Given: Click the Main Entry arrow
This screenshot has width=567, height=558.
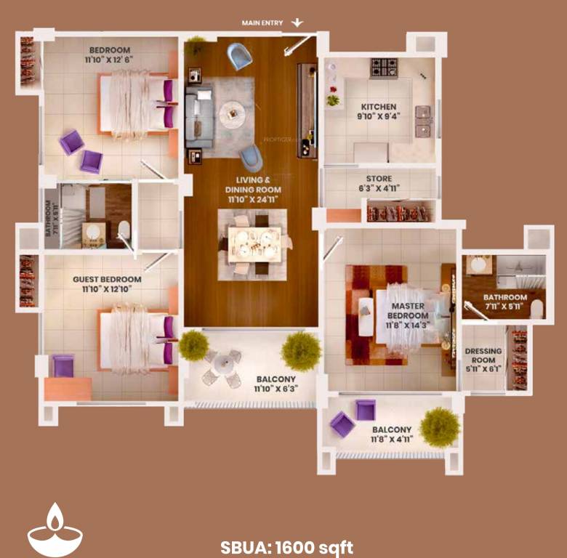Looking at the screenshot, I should click(x=297, y=23).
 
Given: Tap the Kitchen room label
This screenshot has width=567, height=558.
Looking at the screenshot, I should click(x=378, y=107).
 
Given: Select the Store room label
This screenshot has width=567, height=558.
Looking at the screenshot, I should click(x=379, y=179).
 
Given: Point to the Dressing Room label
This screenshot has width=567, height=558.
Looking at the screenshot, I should click(x=483, y=355).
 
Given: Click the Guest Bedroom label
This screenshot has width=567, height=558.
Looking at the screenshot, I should click(x=107, y=279).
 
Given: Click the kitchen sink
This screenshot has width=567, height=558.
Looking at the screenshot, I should click(x=423, y=121).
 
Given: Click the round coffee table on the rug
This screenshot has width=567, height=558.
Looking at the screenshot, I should click(x=233, y=112).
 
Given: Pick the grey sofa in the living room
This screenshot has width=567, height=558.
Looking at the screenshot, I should click(x=198, y=116).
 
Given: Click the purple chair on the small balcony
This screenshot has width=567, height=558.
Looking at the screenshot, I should click(x=342, y=424).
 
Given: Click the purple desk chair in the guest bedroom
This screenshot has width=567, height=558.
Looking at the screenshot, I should click(x=63, y=365).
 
